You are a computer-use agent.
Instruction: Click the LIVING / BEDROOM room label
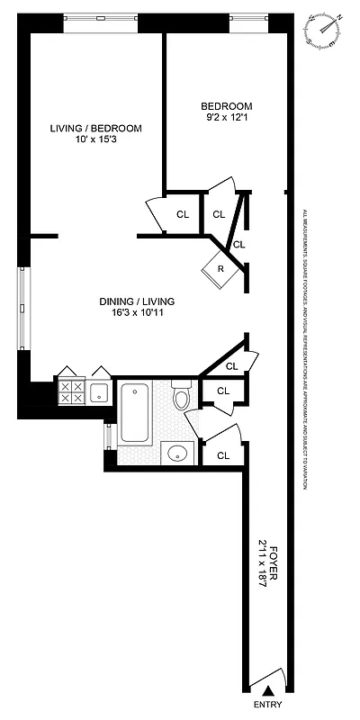pos(95,129)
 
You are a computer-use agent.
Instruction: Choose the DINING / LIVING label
pos(137,301)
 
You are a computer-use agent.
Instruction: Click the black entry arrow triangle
pos(265,689)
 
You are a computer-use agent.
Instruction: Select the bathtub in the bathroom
pos(136,411)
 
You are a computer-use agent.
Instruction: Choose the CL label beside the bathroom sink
pos(223,455)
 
